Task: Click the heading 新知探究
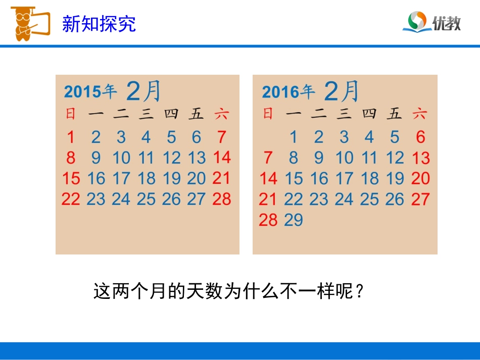(99, 23)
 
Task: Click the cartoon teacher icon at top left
(29, 22)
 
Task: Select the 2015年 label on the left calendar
(90, 91)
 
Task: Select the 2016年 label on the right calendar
(288, 92)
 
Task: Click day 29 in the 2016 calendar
(294, 220)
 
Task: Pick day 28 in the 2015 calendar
(222, 199)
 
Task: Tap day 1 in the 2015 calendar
(71, 137)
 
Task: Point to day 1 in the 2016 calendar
(294, 137)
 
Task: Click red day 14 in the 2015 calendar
(222, 158)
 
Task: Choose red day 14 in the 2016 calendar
(268, 178)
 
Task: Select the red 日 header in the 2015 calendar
(71, 114)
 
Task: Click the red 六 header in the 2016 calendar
(419, 114)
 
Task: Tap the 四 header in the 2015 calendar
(171, 114)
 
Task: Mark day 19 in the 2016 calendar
(395, 178)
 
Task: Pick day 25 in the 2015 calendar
(146, 199)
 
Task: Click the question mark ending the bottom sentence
(360, 292)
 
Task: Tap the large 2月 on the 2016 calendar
(342, 91)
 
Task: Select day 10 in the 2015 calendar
(121, 158)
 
